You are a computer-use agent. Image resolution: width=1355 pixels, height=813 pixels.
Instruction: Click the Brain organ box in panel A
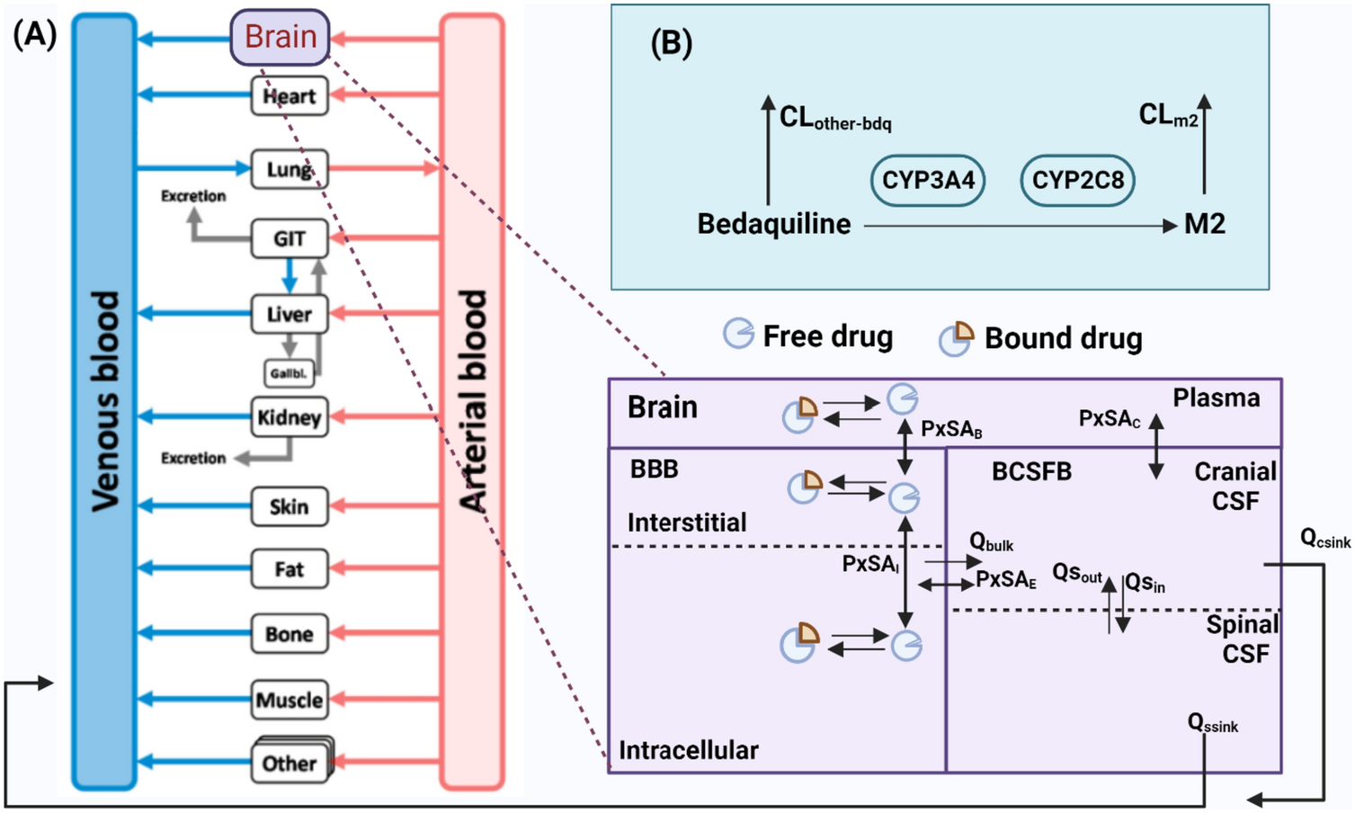280,38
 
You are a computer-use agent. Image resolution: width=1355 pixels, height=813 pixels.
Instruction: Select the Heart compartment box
289,96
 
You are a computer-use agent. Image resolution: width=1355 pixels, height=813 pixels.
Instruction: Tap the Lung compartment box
289,169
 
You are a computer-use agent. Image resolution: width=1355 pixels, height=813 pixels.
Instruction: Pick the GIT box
289,238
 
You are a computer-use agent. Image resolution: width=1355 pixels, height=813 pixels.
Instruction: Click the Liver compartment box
289,314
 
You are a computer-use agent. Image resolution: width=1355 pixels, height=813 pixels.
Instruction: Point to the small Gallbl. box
289,372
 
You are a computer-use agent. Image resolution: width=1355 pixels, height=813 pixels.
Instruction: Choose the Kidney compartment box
289,417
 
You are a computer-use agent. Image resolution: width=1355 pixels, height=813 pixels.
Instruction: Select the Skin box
289,506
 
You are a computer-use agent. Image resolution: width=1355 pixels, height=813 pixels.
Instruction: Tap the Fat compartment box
289,569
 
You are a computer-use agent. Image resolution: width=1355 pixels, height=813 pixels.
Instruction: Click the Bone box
289,634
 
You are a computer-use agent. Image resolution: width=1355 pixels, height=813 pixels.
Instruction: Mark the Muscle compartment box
289,700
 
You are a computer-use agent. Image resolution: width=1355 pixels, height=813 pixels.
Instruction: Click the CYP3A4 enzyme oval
928,180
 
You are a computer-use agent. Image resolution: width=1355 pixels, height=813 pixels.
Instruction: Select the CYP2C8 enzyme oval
1077,180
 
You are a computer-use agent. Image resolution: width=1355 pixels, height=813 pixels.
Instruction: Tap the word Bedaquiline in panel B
773,224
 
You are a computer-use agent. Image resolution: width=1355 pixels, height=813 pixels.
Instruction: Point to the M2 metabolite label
1204,224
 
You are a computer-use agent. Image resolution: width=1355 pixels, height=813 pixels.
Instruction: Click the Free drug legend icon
738,334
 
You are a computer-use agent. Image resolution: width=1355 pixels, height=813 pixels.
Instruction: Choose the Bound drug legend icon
956,338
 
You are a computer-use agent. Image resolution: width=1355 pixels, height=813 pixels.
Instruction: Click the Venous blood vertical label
105,401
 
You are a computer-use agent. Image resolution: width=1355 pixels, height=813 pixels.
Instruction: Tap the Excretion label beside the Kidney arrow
193,458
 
